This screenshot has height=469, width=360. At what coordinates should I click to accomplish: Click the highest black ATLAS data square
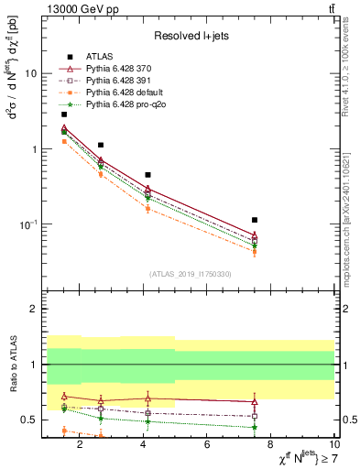click(x=64, y=115)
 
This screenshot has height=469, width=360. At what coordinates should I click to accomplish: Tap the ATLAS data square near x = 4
click(x=147, y=174)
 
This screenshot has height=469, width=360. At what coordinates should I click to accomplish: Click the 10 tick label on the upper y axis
click(x=30, y=74)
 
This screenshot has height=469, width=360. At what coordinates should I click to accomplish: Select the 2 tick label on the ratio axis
click(x=32, y=310)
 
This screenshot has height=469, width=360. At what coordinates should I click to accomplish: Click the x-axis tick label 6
click(x=210, y=445)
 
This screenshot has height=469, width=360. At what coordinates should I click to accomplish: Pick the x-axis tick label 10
click(x=336, y=445)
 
